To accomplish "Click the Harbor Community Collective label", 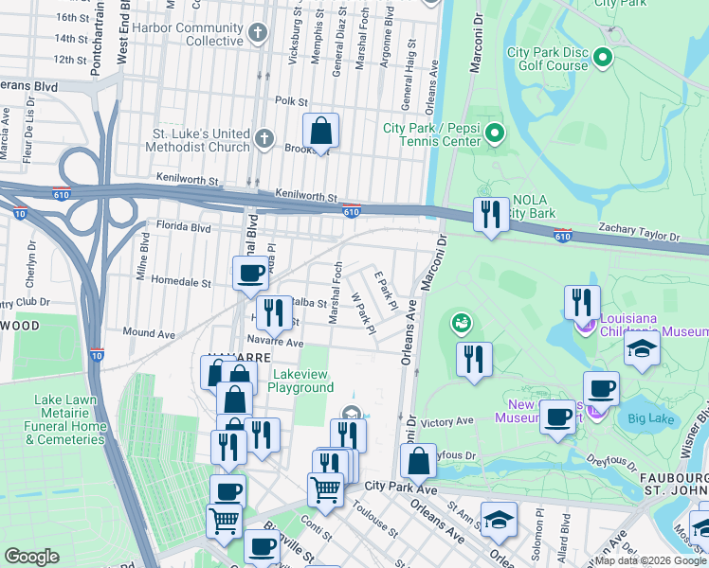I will [x=188, y=34].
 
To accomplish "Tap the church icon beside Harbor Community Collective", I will [x=257, y=35].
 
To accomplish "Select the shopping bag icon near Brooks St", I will [x=321, y=131].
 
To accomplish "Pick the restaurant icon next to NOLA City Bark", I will [x=490, y=214].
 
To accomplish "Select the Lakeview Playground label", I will [x=300, y=381].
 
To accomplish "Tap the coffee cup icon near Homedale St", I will [x=251, y=273].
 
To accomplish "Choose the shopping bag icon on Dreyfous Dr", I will [x=418, y=461].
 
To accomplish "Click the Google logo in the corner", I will [x=31, y=557].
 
